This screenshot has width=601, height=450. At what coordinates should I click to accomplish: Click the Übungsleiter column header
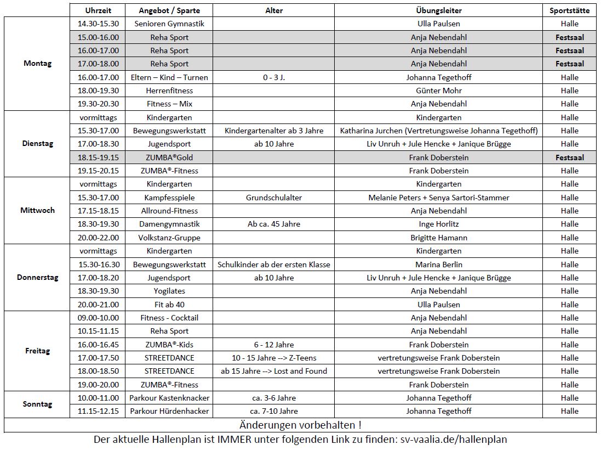point(438,10)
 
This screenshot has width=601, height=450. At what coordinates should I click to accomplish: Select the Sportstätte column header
point(569,10)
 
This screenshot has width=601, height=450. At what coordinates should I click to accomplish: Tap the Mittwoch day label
point(37,210)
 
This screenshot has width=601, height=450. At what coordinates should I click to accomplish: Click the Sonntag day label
point(37,404)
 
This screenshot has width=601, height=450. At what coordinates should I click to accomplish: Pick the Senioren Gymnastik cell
point(169,24)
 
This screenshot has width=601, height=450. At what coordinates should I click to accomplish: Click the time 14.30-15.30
point(98,24)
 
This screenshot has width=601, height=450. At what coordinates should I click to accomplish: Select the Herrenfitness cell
point(169,91)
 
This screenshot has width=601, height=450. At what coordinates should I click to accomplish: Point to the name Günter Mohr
point(438,91)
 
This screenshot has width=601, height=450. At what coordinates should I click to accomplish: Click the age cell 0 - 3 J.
point(274,77)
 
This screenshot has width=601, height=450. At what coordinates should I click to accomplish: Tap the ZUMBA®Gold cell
point(169,157)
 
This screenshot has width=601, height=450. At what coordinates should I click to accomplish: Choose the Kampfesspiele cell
point(169,198)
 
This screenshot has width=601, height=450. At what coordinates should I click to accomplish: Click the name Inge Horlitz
point(438,224)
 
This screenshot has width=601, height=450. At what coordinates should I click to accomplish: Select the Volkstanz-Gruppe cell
point(169,238)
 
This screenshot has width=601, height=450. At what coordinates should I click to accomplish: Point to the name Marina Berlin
point(438,265)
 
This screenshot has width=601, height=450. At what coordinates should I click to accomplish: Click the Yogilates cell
point(169,291)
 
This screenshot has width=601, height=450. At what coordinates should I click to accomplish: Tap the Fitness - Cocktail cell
point(169,318)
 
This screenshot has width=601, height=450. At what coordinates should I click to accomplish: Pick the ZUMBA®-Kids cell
point(169,345)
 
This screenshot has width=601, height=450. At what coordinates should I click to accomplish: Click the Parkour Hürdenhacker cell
point(169,411)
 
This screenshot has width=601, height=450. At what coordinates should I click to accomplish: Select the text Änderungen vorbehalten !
point(300,425)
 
